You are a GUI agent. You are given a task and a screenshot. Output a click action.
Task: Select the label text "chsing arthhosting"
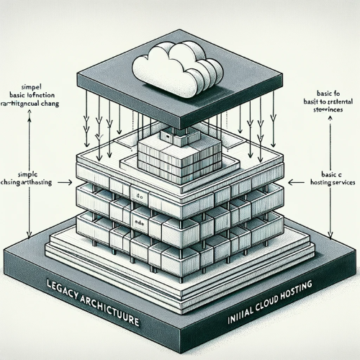coord(37,184)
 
